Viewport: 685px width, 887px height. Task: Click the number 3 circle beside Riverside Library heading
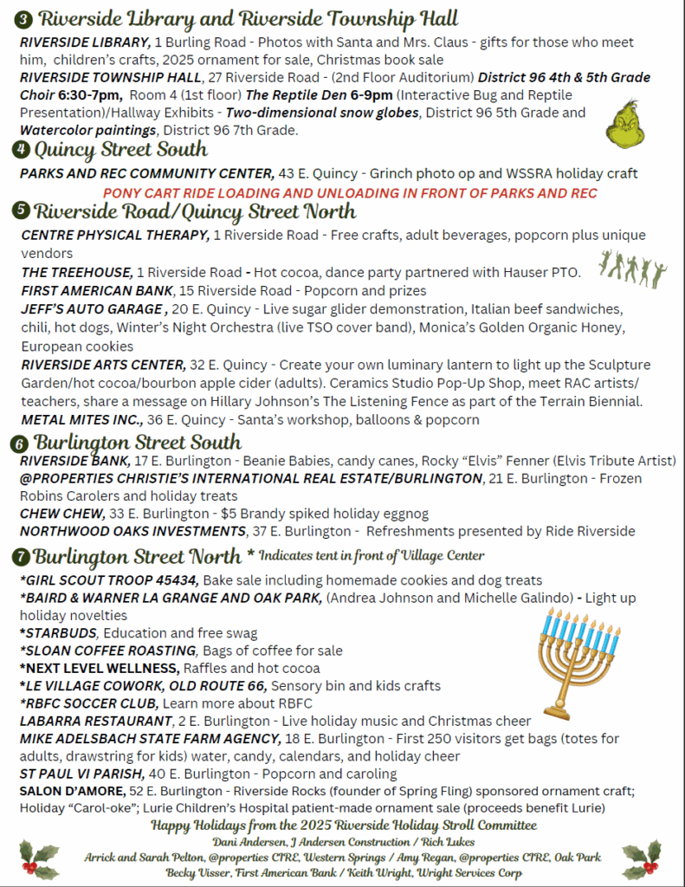24,18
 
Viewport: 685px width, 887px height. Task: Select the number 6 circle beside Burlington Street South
19,443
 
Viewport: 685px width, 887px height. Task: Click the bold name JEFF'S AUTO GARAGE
93,308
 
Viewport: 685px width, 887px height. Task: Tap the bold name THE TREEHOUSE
78,272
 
